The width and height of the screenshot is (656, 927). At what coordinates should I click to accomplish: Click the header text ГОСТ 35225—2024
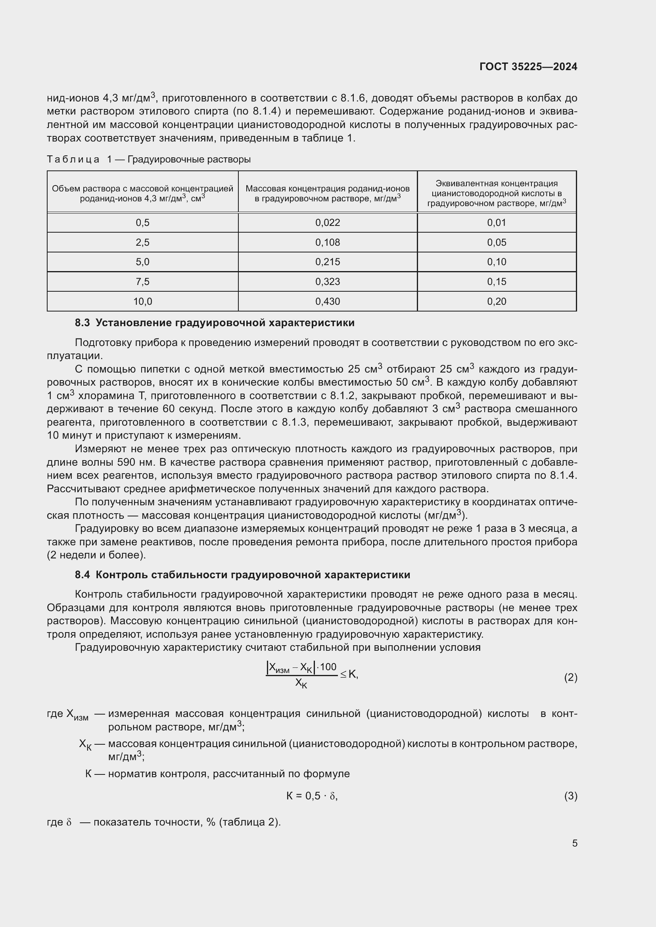(x=528, y=67)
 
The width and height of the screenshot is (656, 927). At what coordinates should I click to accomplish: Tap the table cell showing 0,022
(x=327, y=223)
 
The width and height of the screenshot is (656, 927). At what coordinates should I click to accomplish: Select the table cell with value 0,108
(x=327, y=243)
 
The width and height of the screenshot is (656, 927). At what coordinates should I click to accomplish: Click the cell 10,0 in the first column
(x=143, y=302)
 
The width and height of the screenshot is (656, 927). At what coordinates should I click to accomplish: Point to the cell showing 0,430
(x=327, y=302)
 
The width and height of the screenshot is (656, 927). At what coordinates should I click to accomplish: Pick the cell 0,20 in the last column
(x=497, y=302)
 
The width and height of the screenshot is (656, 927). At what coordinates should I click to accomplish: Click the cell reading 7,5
(x=143, y=282)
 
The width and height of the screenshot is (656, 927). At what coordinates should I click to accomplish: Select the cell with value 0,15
(x=497, y=282)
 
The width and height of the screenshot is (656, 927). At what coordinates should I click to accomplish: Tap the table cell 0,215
(x=327, y=262)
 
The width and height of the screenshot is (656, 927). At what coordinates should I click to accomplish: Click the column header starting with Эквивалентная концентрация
(x=497, y=193)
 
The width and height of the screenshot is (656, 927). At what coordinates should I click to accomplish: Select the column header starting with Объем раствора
(x=143, y=193)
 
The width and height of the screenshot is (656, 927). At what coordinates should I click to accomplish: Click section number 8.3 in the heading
(x=82, y=323)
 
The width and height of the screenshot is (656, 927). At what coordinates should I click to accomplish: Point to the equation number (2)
(x=570, y=677)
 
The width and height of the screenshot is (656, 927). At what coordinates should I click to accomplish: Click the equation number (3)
(x=570, y=796)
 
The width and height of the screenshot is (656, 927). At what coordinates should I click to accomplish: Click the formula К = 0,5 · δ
(x=311, y=796)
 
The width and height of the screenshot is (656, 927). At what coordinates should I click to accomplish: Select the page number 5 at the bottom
(x=574, y=843)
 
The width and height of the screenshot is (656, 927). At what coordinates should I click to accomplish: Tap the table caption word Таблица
(x=73, y=159)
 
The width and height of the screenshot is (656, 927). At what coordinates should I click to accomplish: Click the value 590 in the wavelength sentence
(x=126, y=462)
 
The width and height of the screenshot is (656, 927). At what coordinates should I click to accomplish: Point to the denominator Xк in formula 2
(x=301, y=683)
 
